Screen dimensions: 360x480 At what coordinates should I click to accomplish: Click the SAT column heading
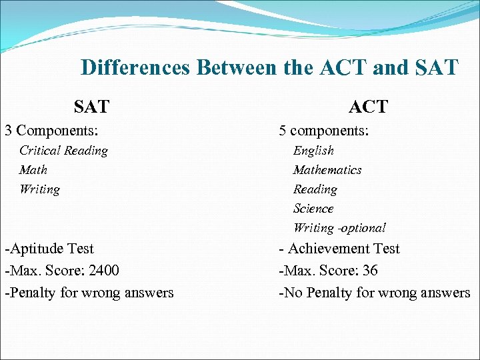tap(92, 106)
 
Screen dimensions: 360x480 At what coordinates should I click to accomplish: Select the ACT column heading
tap(367, 106)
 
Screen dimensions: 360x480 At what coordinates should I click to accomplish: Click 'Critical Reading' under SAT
tap(63, 151)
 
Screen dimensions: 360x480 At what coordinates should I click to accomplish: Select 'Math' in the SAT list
tap(33, 170)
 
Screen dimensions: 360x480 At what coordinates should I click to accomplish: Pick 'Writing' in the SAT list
tap(39, 189)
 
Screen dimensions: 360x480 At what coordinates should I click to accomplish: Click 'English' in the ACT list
tap(313, 151)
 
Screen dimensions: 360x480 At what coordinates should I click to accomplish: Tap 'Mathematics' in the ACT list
tap(327, 170)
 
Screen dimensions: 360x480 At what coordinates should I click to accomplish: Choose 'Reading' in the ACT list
tap(315, 189)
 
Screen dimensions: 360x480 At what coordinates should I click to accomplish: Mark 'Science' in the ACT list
tap(313, 209)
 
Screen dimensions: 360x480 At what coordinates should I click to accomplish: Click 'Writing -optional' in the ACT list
tap(339, 228)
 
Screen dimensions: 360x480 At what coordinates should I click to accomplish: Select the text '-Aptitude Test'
tap(49, 249)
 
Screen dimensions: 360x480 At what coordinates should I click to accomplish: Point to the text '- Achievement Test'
tap(339, 249)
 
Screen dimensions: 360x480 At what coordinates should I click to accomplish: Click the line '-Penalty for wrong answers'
tap(89, 292)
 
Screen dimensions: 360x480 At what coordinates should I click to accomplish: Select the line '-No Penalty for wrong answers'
tap(374, 292)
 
